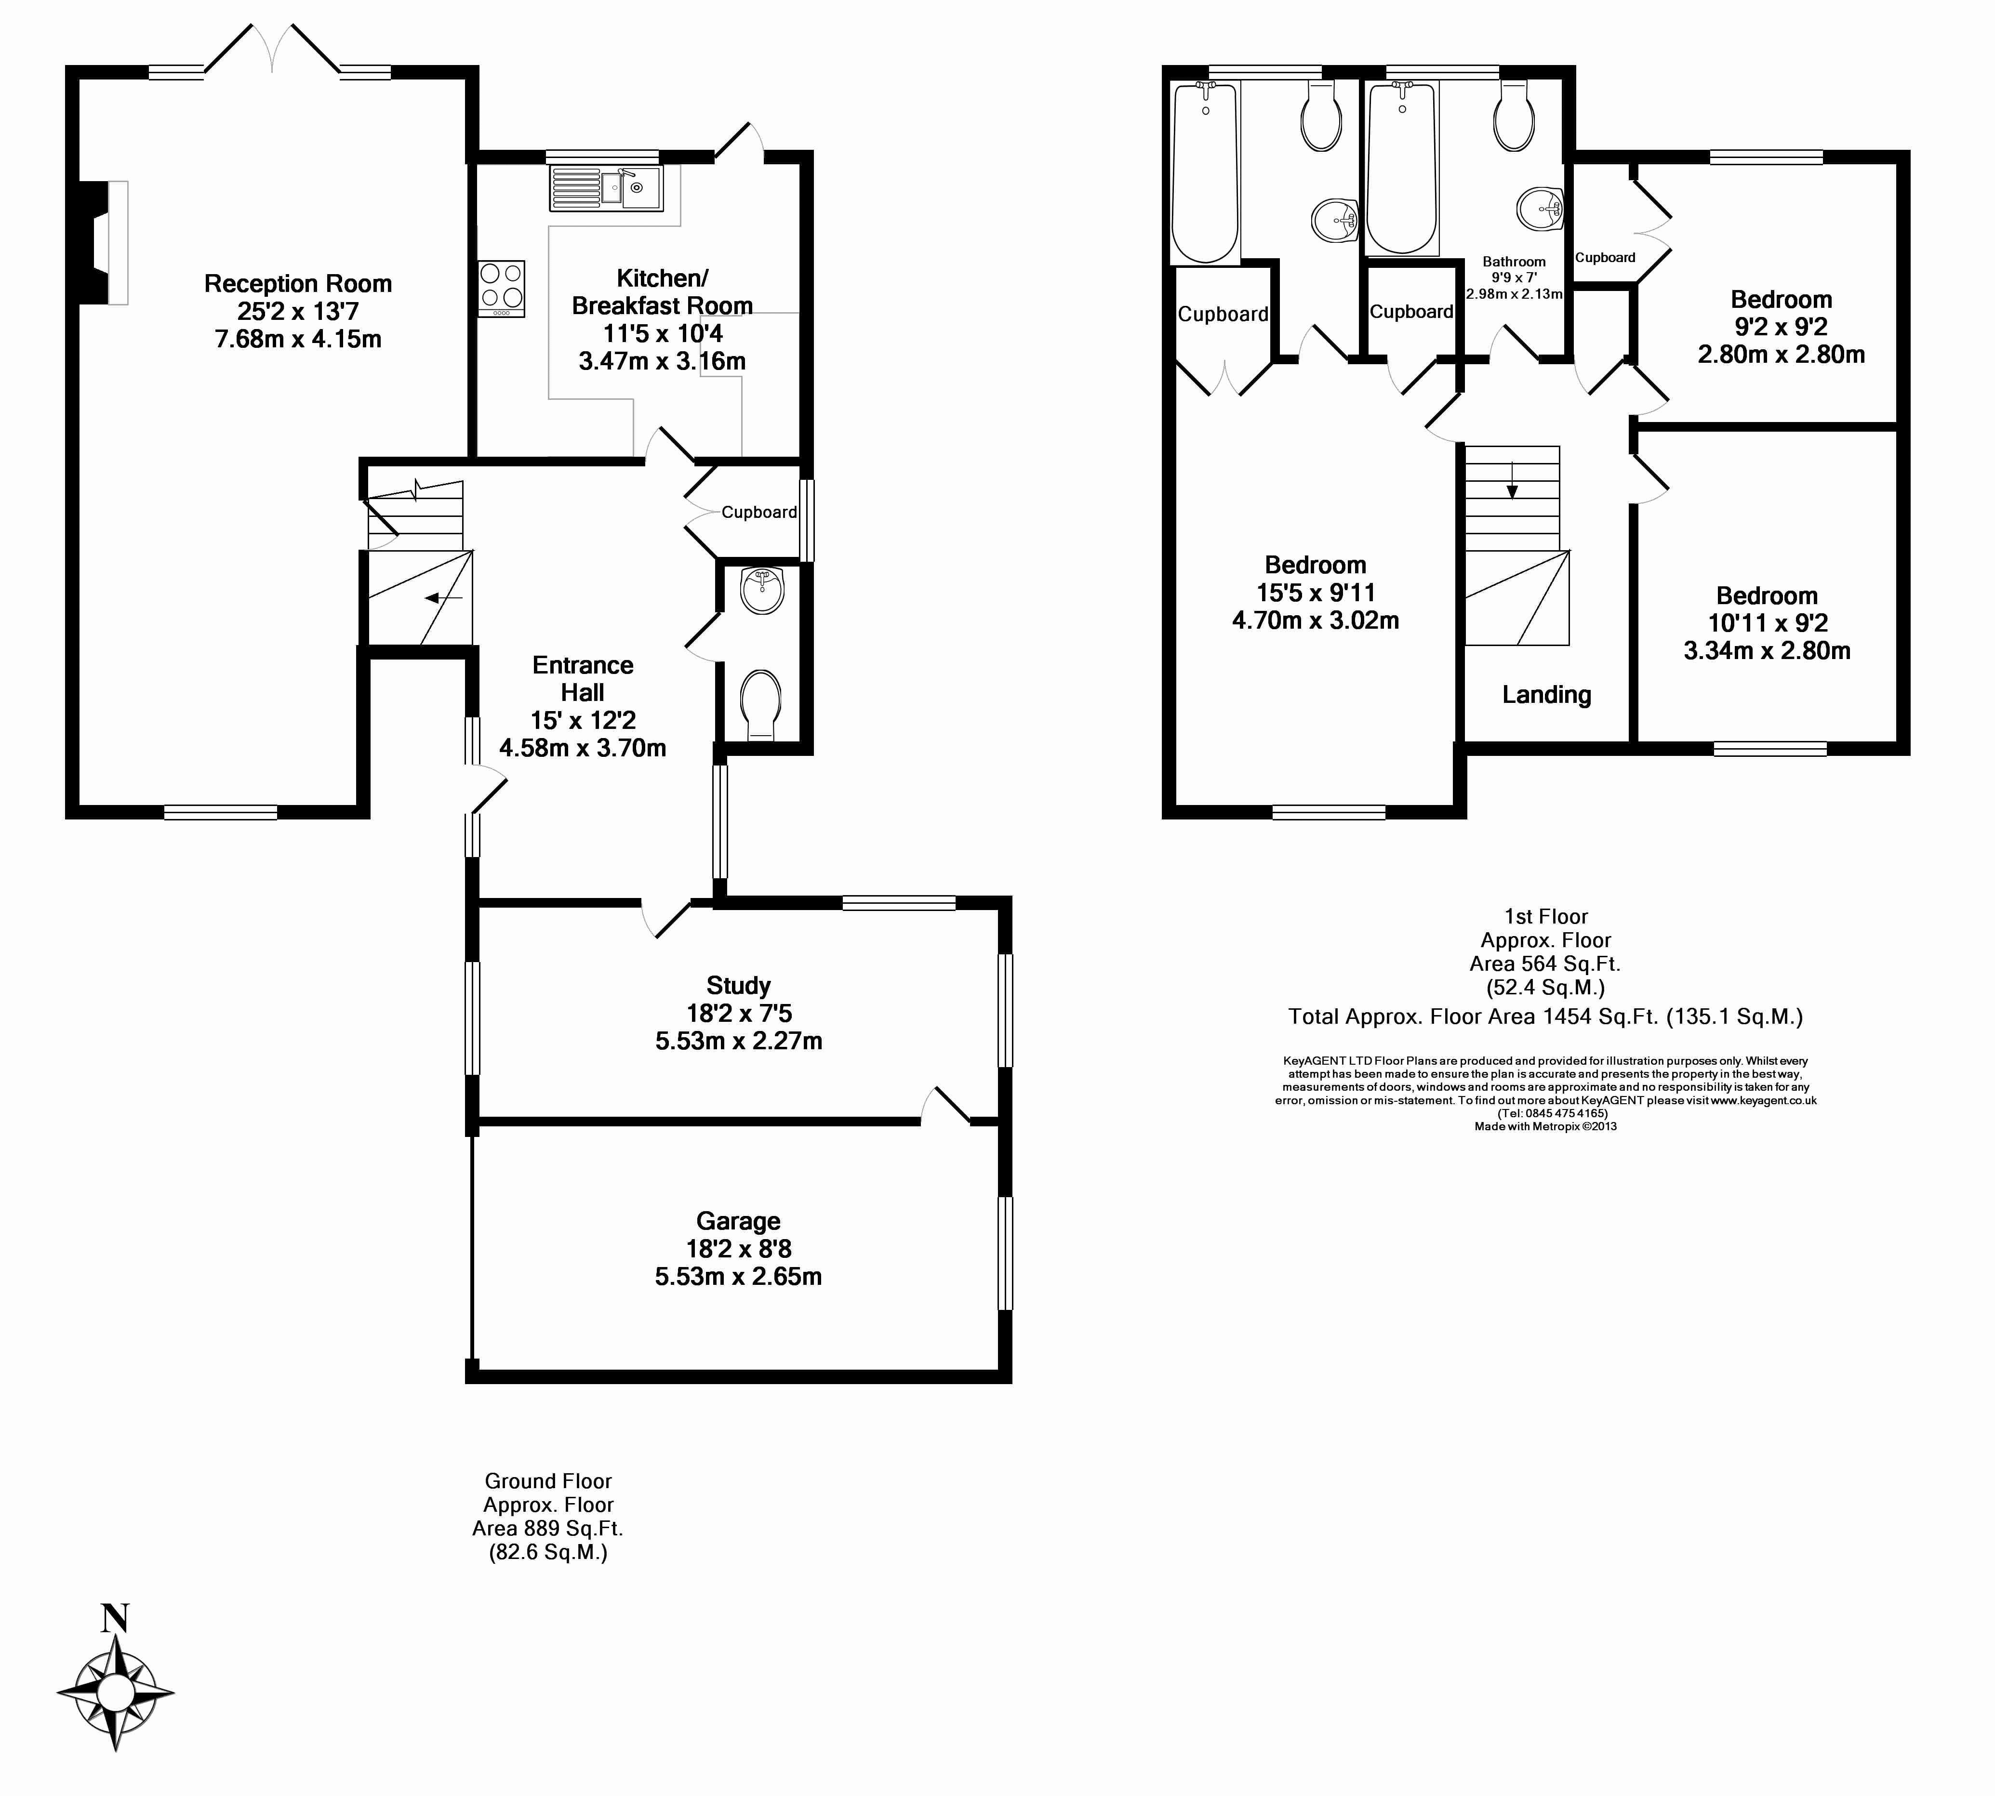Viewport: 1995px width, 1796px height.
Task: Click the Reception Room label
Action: tap(298, 284)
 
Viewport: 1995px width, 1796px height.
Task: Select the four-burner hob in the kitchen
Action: tap(502, 288)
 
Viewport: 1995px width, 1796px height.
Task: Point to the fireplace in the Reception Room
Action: tap(104, 242)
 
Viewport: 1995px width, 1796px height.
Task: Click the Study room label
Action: tap(738, 986)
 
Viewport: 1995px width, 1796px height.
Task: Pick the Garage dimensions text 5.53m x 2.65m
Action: tap(738, 1277)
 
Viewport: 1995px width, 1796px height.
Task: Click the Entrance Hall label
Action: tap(583, 679)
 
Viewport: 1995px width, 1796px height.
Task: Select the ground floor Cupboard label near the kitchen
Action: tap(759, 512)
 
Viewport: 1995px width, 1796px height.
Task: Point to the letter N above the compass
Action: tap(116, 1618)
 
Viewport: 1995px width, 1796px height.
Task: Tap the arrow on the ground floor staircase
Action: tap(444, 598)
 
